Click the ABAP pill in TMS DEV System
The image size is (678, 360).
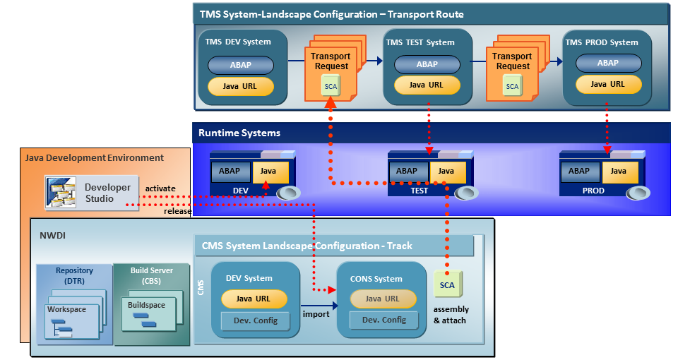[x=240, y=66]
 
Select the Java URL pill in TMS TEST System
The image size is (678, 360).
[x=427, y=85]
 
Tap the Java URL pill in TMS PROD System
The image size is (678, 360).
[x=608, y=85]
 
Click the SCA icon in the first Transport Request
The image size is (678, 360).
[x=331, y=87]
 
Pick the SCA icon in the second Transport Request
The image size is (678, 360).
[x=512, y=87]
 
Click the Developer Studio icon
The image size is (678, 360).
[x=61, y=192]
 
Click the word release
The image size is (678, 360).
[x=178, y=211]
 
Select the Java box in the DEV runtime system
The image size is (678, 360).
[x=268, y=171]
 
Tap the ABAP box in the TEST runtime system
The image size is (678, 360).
[x=408, y=171]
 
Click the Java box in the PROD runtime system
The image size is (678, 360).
[x=619, y=171]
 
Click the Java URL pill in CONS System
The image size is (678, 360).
[x=382, y=299]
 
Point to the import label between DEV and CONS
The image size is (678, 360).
[x=316, y=314]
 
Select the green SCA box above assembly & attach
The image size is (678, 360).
[x=447, y=285]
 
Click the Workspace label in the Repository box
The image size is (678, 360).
[x=67, y=310]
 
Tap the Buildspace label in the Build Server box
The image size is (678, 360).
[x=147, y=306]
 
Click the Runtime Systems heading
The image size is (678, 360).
[x=239, y=133]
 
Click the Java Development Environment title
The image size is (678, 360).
[x=95, y=158]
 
